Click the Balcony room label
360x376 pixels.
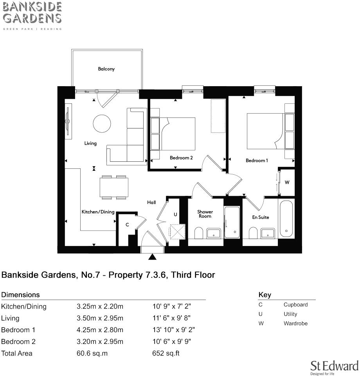click(x=106, y=69)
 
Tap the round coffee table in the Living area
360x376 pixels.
click(x=102, y=123)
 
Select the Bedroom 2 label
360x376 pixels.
click(x=181, y=158)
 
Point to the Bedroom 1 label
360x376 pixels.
click(x=257, y=161)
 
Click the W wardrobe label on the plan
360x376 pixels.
click(x=287, y=183)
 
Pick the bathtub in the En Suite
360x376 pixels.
click(x=286, y=219)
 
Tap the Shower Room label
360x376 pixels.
click(x=205, y=214)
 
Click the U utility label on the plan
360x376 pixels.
click(x=175, y=214)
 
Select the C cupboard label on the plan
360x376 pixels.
click(x=127, y=225)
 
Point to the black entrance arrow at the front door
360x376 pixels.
click(x=153, y=257)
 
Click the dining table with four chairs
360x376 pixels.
click(x=114, y=187)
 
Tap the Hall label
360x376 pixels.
click(x=151, y=202)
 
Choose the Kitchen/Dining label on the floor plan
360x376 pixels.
click(x=98, y=212)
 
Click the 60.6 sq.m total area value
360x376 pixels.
click(x=92, y=353)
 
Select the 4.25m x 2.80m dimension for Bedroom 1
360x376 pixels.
click(x=100, y=330)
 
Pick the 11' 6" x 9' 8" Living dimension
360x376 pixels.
click(x=171, y=318)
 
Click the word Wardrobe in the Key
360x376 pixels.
click(x=295, y=324)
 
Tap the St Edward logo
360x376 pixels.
click(x=334, y=367)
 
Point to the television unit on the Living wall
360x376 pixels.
click(x=68, y=121)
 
